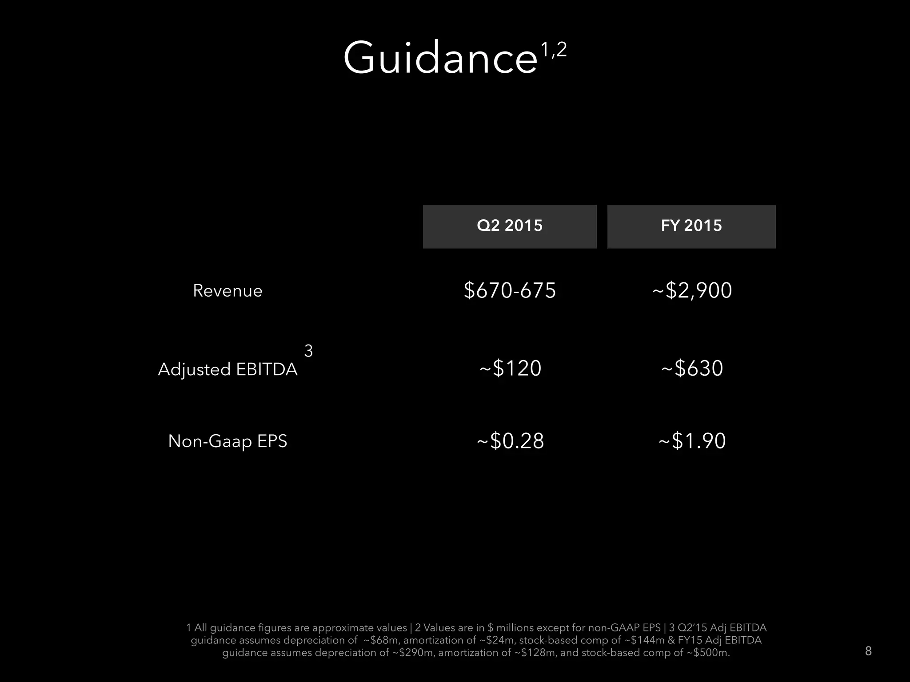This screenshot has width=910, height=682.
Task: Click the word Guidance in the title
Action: [440, 58]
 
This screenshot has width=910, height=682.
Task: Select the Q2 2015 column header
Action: [510, 226]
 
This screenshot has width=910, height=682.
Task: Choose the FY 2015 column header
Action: [691, 226]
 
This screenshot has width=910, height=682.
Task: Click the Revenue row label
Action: [227, 291]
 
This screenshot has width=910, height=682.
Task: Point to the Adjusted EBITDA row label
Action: [227, 369]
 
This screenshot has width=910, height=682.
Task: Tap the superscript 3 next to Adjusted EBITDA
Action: [308, 351]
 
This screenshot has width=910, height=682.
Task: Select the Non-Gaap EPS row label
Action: [227, 441]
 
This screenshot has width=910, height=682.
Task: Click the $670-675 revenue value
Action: [510, 290]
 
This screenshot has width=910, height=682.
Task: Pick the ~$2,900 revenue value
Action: [692, 290]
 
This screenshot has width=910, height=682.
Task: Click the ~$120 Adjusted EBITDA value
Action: [510, 369]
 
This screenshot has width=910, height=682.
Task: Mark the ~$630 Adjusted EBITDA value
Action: [692, 369]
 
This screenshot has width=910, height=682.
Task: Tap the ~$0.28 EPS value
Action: [510, 441]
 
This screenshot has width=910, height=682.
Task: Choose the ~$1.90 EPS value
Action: [692, 441]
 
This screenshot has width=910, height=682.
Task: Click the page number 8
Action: [868, 651]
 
